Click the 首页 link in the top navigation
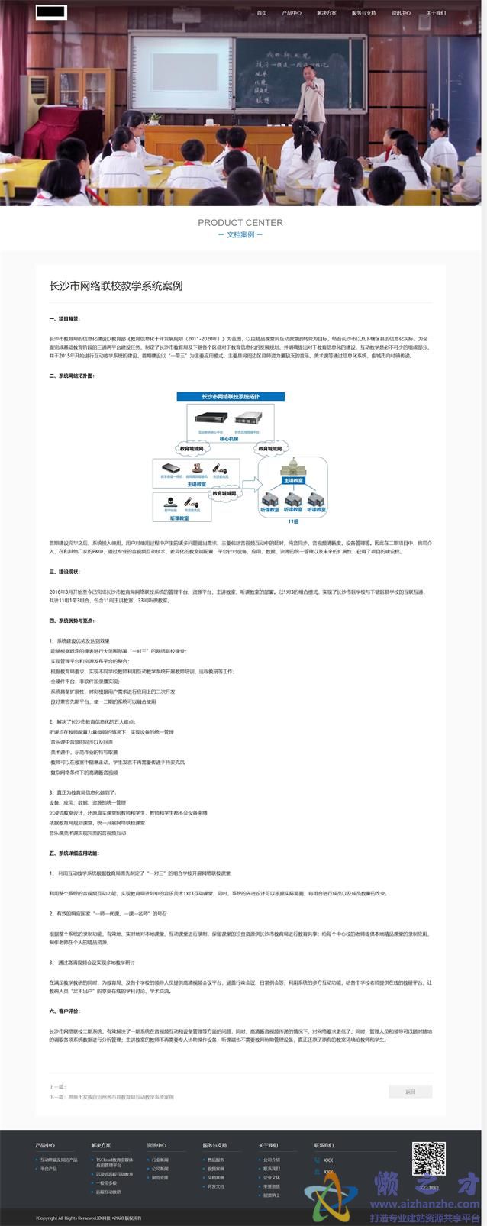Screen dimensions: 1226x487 pyautogui.click(x=262, y=13)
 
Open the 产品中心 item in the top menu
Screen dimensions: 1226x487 pyautogui.click(x=292, y=13)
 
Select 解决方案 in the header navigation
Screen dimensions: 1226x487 pyautogui.click(x=326, y=13)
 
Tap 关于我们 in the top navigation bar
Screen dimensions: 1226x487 pyautogui.click(x=436, y=13)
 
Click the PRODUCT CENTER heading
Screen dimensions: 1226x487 pyautogui.click(x=240, y=223)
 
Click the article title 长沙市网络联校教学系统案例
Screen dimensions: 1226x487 pyautogui.click(x=115, y=286)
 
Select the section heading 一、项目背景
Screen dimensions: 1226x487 pyautogui.click(x=64, y=318)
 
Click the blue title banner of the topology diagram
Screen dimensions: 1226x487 pyautogui.click(x=231, y=397)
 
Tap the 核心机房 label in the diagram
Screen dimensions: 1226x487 pyautogui.click(x=229, y=439)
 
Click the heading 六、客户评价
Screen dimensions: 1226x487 pyautogui.click(x=64, y=1011)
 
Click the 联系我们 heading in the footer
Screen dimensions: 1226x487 pyautogui.click(x=324, y=1145)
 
